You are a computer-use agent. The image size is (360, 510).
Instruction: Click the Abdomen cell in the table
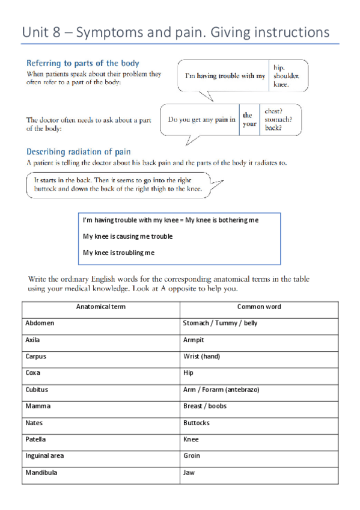point(40,323)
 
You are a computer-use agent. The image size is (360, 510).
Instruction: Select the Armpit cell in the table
point(194,340)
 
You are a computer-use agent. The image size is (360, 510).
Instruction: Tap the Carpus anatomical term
point(35,356)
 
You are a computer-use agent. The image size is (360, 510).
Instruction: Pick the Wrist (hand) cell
point(201,356)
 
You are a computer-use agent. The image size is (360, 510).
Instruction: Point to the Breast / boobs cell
point(204,406)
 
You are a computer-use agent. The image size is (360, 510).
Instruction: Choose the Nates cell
point(34,423)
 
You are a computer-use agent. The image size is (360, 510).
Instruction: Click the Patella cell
point(35,439)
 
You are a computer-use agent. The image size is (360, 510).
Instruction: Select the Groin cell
point(192,456)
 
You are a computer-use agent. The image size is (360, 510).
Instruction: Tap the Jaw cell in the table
point(188,473)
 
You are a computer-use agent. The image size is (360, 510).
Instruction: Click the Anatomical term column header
point(101,307)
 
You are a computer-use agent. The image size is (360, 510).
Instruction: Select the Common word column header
point(259,307)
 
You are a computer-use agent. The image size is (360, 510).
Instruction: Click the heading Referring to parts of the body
point(83,63)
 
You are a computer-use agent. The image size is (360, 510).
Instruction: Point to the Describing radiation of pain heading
point(79,152)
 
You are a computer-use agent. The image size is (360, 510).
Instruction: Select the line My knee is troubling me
point(118,253)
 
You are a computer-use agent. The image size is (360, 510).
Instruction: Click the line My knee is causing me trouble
point(127,236)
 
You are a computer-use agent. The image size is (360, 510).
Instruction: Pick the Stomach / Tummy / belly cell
point(220,323)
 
